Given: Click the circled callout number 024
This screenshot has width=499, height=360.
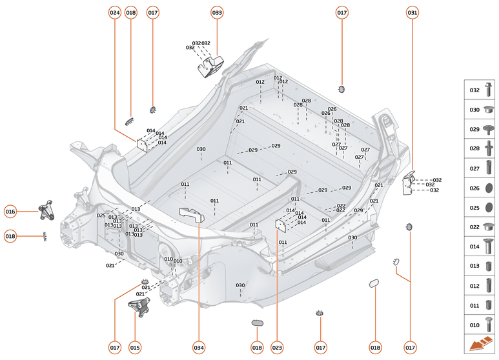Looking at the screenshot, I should (x=115, y=12).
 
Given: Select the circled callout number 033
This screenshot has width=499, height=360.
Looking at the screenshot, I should (x=217, y=12).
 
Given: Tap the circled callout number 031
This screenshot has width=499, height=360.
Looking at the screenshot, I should (x=412, y=12).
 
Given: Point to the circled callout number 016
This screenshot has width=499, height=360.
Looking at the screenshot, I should (x=10, y=211).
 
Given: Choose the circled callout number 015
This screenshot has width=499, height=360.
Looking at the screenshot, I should (x=135, y=348).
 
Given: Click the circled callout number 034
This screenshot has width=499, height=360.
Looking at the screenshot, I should (x=199, y=348).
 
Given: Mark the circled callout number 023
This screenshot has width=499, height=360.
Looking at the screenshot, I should (x=277, y=348).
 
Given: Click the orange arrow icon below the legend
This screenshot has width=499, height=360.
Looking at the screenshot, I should (x=481, y=345).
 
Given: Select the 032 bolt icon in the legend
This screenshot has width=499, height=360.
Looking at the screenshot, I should (x=489, y=91).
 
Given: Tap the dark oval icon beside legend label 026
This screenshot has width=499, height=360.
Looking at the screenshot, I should (x=489, y=188).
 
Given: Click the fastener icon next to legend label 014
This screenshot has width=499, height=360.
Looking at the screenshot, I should (x=489, y=246).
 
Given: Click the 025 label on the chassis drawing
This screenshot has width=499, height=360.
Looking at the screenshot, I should (x=101, y=215).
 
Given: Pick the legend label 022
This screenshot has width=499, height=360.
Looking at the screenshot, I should (x=474, y=227).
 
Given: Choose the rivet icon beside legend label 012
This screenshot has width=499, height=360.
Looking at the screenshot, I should (x=489, y=285).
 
